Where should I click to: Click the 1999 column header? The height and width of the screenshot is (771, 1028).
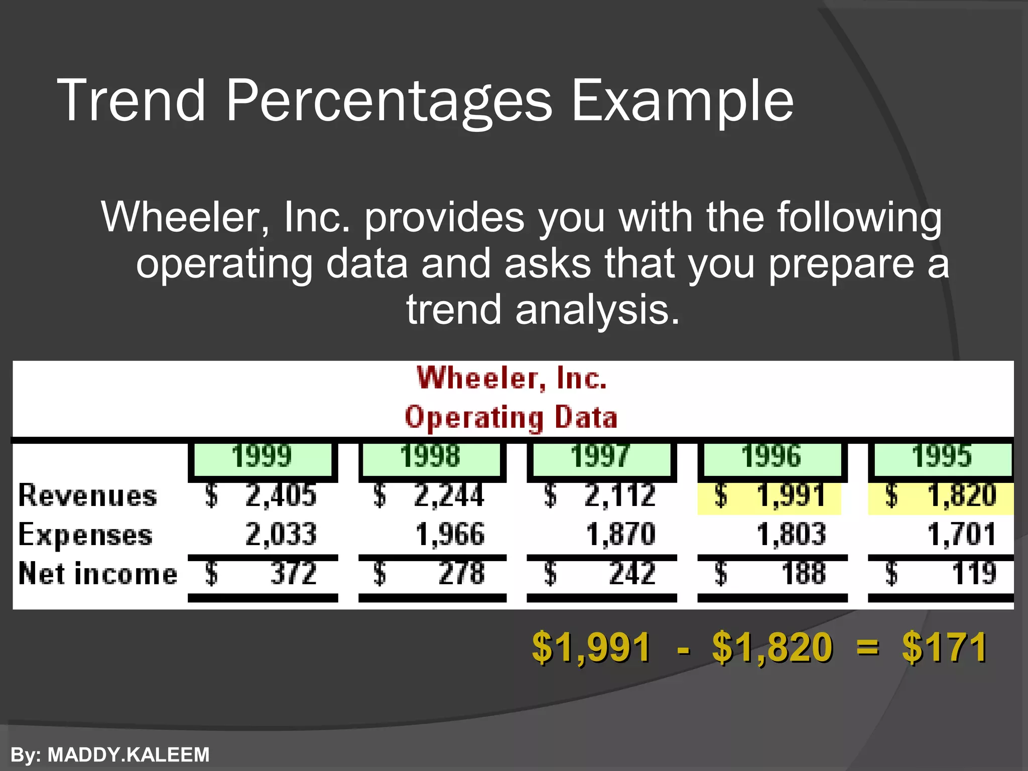point(262,457)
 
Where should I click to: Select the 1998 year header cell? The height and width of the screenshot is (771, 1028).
point(431,457)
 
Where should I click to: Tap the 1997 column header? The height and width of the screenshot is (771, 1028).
point(600,457)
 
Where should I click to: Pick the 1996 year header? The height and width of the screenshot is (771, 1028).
point(772,457)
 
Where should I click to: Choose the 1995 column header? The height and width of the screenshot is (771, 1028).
point(942,457)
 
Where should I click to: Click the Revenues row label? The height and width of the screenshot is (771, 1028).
point(88,496)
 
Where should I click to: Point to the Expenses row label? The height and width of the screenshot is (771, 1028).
point(85,535)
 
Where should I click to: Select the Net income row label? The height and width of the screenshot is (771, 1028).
point(98,574)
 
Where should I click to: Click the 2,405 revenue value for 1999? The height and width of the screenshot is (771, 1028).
point(281,496)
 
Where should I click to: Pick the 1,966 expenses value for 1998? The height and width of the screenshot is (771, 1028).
point(450,535)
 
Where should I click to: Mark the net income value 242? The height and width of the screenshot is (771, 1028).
point(632,573)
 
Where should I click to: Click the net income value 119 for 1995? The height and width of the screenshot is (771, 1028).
point(973,573)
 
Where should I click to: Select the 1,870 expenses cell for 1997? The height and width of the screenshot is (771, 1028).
point(620,535)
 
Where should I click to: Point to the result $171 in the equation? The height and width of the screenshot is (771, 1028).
point(945,648)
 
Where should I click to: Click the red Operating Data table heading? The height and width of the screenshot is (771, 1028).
point(511,418)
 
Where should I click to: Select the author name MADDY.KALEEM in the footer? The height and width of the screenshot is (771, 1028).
point(128,755)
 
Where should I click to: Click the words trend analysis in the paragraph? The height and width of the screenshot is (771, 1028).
point(543,310)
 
